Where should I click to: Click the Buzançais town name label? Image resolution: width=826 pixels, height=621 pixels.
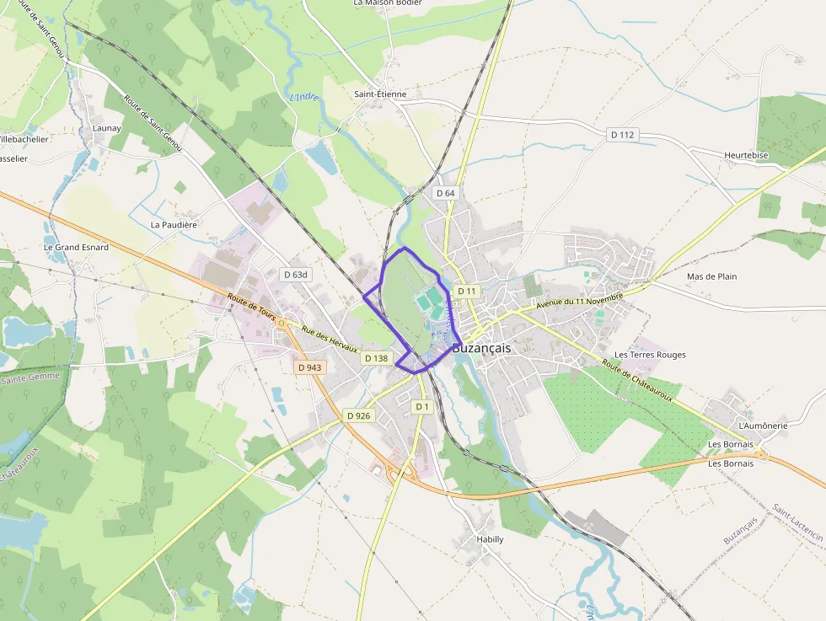pyautogui.click(x=481, y=348)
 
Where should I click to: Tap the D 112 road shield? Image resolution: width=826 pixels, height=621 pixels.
pyautogui.click(x=622, y=135)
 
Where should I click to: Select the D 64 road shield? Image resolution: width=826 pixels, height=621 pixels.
pyautogui.click(x=445, y=193)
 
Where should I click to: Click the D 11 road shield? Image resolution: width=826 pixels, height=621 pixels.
pyautogui.click(x=467, y=291)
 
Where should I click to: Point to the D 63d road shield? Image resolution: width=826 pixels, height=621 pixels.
pyautogui.click(x=296, y=275)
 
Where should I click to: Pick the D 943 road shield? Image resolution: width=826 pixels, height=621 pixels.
pyautogui.click(x=309, y=367)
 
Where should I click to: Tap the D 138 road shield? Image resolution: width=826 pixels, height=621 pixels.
pyautogui.click(x=376, y=358)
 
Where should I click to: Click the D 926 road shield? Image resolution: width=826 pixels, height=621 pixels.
pyautogui.click(x=358, y=415)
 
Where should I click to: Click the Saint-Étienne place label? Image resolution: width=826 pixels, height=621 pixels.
pyautogui.click(x=380, y=94)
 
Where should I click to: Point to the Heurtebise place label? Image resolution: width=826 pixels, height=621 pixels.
pyautogui.click(x=746, y=156)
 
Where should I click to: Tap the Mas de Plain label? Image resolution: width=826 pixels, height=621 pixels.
pyautogui.click(x=711, y=276)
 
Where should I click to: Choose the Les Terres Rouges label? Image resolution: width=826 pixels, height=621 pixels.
pyautogui.click(x=650, y=355)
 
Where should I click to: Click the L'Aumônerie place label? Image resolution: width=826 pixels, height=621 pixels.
pyautogui.click(x=762, y=426)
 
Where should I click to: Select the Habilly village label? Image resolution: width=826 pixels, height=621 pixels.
pyautogui.click(x=490, y=539)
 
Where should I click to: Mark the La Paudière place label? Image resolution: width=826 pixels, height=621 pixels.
pyautogui.click(x=174, y=225)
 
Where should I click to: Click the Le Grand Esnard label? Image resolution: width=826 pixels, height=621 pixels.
pyautogui.click(x=77, y=248)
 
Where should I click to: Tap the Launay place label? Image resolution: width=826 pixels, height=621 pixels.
pyautogui.click(x=107, y=128)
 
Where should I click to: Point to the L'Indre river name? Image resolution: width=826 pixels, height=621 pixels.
pyautogui.click(x=305, y=97)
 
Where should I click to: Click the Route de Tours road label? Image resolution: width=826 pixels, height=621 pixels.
pyautogui.click(x=251, y=305)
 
